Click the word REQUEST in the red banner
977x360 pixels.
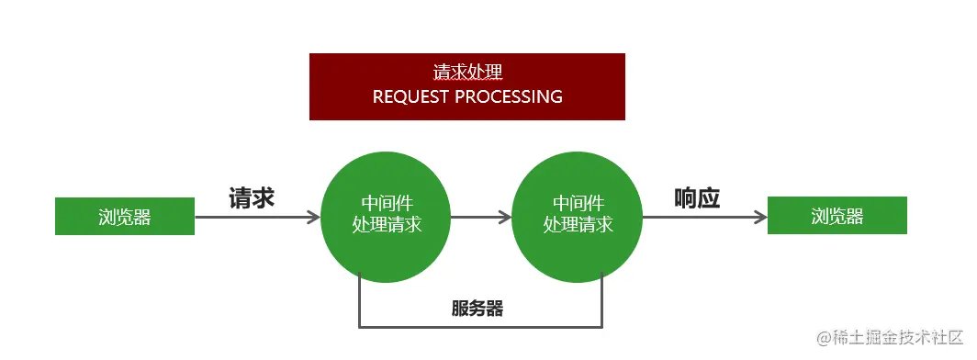point(410,96)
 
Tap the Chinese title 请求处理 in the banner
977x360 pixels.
point(467,72)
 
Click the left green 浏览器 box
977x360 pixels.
point(125,217)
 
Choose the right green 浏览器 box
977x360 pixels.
point(837,216)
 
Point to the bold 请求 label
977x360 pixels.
point(252,198)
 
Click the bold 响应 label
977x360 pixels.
point(697,198)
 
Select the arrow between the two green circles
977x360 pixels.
point(480,218)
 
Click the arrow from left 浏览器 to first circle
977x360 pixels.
point(257,218)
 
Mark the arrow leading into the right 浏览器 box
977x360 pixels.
point(703,218)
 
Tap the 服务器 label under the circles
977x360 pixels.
point(477,309)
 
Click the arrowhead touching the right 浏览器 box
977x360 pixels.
point(760,218)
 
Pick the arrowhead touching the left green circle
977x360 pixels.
point(314,218)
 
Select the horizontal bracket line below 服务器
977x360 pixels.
point(480,326)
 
